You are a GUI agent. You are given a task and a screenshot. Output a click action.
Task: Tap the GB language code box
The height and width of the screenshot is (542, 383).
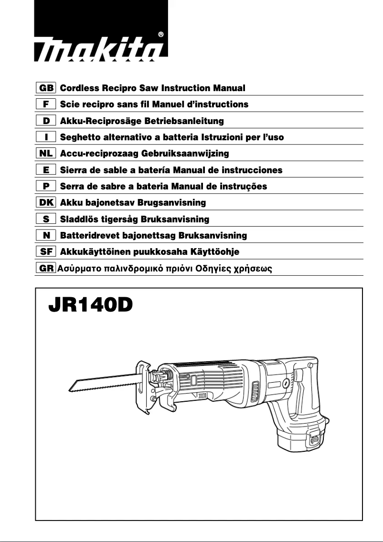(46, 88)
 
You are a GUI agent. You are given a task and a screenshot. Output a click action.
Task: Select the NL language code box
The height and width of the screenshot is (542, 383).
(46, 154)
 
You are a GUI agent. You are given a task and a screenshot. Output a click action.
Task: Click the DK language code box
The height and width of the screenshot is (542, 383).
(46, 203)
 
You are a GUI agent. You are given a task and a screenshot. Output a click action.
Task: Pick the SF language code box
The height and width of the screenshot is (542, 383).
(46, 251)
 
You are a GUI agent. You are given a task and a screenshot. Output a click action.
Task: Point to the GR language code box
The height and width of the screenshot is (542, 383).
(46, 268)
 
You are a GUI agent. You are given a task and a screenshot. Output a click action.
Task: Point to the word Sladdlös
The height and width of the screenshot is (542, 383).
(79, 219)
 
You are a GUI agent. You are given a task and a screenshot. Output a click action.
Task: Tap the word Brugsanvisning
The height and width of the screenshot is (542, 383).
(171, 203)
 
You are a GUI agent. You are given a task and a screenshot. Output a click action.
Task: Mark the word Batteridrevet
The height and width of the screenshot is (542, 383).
(90, 235)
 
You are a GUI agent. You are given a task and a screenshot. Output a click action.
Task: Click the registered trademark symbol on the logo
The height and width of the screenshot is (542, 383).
(161, 34)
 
